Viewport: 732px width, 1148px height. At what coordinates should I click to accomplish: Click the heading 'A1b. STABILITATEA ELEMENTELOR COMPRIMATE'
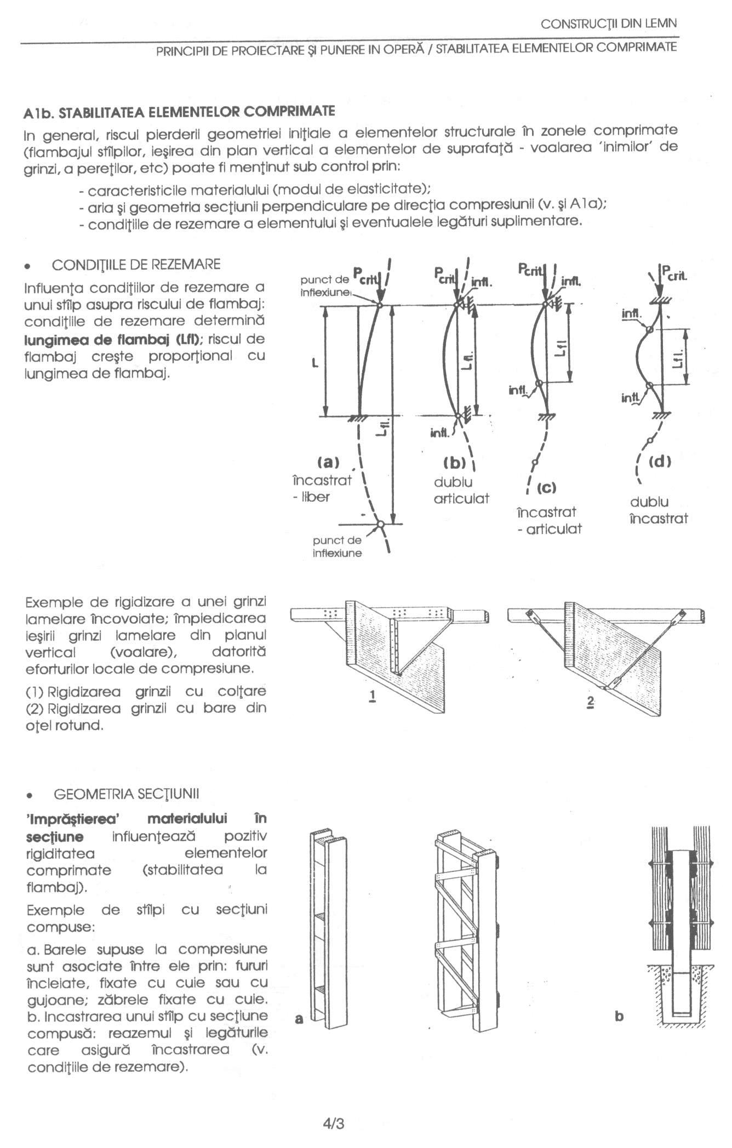[x=179, y=112]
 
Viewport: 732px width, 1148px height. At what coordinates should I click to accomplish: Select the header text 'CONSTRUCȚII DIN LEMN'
[x=608, y=24]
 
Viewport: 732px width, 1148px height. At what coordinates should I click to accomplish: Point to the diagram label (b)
[x=454, y=463]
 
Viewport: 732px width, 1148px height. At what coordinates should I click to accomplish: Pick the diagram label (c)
[x=546, y=487]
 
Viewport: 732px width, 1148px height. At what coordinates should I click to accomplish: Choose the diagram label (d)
[x=659, y=461]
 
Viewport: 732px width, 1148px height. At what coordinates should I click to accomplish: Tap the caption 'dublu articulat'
[x=461, y=490]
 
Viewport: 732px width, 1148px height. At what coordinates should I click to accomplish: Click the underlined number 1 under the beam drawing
[x=373, y=697]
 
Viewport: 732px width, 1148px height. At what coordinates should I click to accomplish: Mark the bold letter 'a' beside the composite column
[x=299, y=1019]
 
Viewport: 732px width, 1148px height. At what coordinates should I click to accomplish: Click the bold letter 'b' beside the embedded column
[x=619, y=1017]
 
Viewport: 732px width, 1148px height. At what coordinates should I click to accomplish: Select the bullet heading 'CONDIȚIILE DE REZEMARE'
[x=136, y=265]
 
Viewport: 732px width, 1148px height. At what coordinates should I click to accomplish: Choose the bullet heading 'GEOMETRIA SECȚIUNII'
[x=126, y=794]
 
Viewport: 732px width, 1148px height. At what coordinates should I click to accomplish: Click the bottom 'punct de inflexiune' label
[x=337, y=547]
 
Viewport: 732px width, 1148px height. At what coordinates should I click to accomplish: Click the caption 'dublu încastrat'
[x=658, y=510]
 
